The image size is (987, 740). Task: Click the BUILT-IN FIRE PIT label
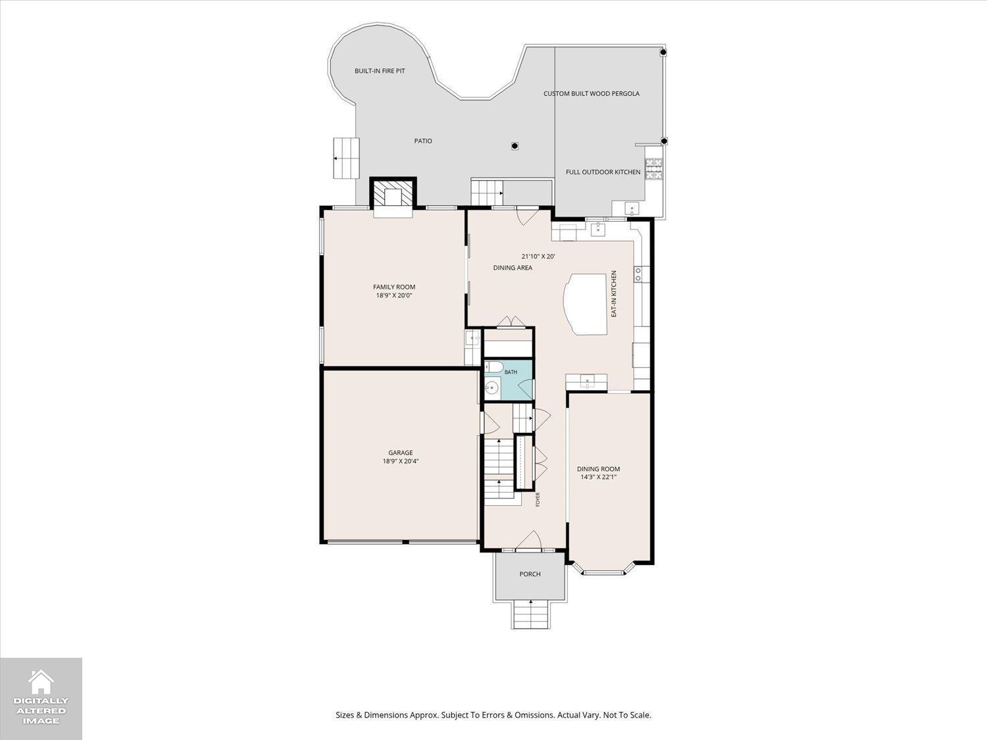(x=380, y=71)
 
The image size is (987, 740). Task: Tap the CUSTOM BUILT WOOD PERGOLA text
(x=592, y=93)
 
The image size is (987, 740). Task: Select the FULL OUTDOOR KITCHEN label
(x=603, y=172)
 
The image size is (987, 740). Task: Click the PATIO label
(x=423, y=141)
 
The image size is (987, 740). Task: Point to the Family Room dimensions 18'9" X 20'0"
(x=394, y=295)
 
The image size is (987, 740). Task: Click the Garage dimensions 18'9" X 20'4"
(x=401, y=461)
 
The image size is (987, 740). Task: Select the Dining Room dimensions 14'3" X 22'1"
(x=599, y=477)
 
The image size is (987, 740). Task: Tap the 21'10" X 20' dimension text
(x=538, y=257)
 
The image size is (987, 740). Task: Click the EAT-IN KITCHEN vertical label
(x=614, y=294)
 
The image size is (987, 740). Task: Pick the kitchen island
(x=586, y=304)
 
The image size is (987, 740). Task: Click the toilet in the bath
(x=493, y=368)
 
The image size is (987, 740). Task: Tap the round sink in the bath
(x=493, y=387)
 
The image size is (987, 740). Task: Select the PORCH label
(x=530, y=574)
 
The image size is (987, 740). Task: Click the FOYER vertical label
(x=538, y=500)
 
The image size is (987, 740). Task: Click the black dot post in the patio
(x=515, y=146)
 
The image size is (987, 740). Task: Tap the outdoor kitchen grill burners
(x=654, y=168)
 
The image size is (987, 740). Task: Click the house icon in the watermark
(x=41, y=681)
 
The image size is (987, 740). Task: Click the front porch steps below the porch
(x=530, y=614)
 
